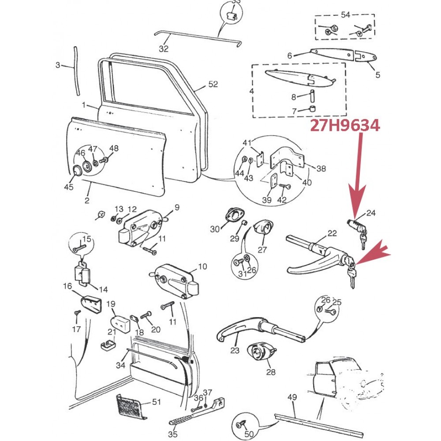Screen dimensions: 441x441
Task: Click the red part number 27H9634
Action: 344,126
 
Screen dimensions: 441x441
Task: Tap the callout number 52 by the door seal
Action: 213,84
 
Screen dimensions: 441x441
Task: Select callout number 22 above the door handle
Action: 332,234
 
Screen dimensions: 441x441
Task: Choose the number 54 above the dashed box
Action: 345,15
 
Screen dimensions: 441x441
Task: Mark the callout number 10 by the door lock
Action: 202,266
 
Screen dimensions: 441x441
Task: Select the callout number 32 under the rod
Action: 164,49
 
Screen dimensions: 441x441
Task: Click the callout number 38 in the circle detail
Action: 321,168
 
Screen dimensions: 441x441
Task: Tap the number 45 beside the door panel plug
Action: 68,187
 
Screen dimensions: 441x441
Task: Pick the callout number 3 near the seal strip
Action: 58,66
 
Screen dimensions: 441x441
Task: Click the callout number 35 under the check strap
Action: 172,434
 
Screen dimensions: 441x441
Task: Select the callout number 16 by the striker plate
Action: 67,287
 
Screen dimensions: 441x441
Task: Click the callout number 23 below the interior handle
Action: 235,351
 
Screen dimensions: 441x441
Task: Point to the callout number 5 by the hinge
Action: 377,75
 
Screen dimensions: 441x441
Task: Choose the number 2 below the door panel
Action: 87,201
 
